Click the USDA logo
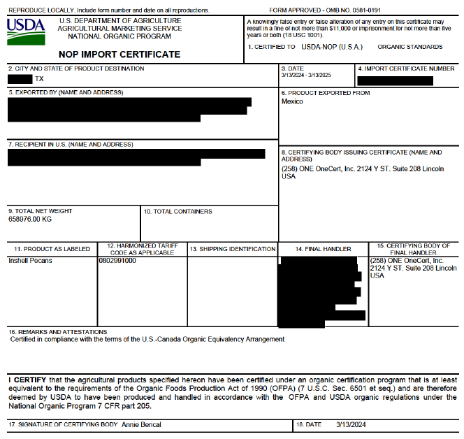click(26, 31)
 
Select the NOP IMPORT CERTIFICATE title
click(119, 55)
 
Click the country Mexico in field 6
click(292, 101)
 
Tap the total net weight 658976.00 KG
click(30, 219)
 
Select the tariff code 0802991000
click(117, 261)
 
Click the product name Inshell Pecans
click(30, 261)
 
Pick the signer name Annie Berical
click(142, 424)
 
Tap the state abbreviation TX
click(39, 79)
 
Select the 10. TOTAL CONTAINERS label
click(177, 211)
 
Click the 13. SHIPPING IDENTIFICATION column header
click(233, 249)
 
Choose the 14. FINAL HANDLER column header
click(323, 249)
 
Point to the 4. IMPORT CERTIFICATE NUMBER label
click(406, 69)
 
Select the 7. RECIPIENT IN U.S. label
click(70, 144)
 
